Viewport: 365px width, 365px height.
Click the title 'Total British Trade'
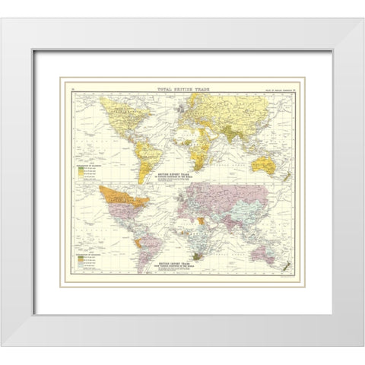pos(182,90)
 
